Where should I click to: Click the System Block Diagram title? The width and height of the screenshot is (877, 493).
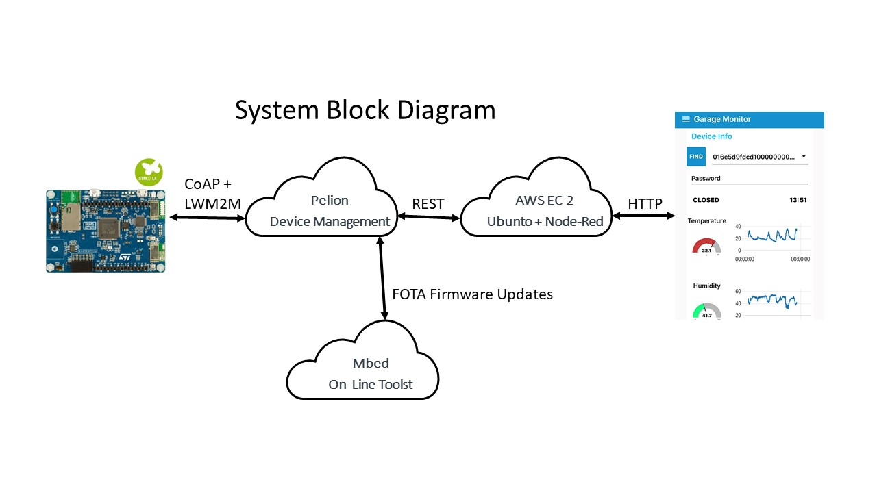[365, 110]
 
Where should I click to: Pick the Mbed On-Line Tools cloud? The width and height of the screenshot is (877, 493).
[362, 370]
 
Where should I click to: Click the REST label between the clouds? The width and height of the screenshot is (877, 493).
[428, 204]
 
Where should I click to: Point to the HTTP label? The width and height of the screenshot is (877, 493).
[645, 204]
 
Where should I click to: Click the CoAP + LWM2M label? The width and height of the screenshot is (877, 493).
[212, 194]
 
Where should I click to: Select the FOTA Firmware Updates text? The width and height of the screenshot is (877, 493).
[472, 294]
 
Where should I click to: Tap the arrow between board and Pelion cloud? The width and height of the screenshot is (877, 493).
[207, 218]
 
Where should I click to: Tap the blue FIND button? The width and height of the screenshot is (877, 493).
[696, 157]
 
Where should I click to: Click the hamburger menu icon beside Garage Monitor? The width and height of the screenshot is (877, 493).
[685, 119]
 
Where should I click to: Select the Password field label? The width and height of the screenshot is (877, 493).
[706, 179]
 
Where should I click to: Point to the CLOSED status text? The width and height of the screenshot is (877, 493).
[706, 200]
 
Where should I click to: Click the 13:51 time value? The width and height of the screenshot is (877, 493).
[798, 200]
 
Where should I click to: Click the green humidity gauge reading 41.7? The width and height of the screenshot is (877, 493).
[707, 312]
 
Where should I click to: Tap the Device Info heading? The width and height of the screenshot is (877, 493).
[712, 136]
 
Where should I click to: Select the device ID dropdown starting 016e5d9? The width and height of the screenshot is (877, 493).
[759, 157]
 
